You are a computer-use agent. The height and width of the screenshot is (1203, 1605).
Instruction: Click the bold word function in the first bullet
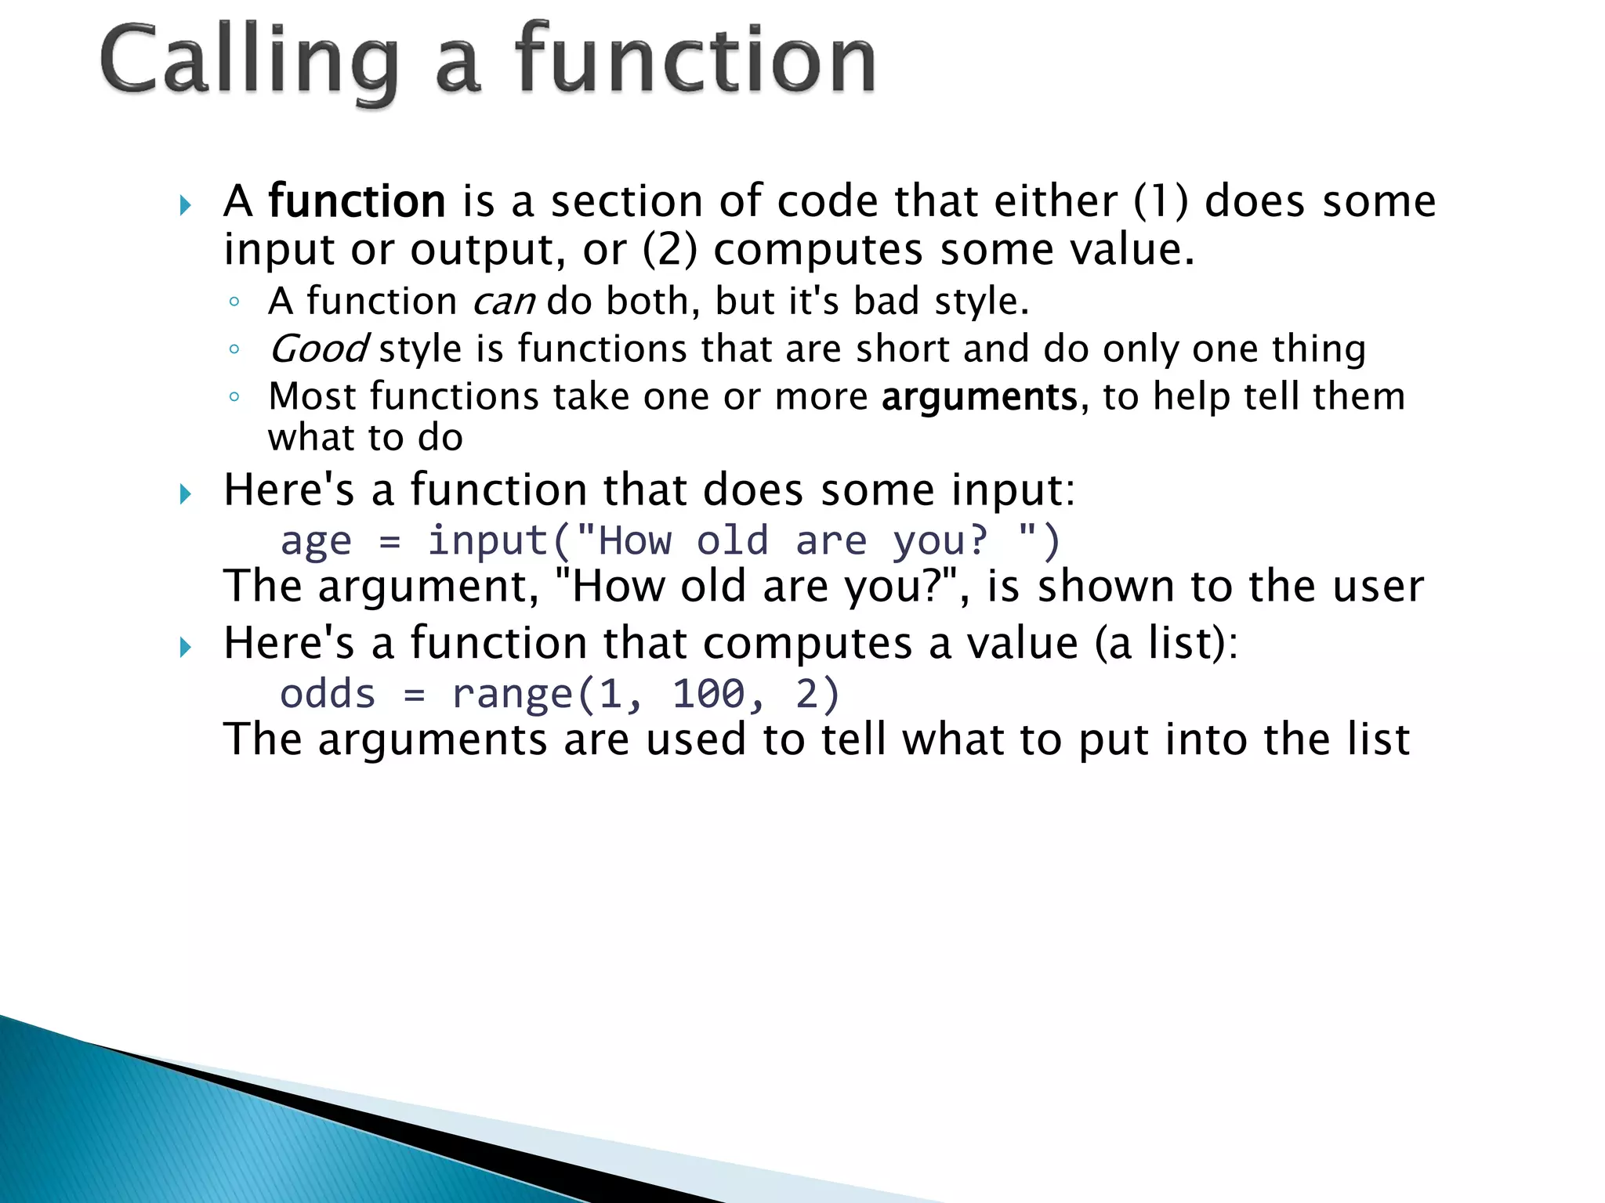(357, 201)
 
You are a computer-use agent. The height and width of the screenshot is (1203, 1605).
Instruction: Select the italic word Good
(317, 349)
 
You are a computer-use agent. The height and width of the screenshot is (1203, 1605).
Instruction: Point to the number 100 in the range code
(708, 694)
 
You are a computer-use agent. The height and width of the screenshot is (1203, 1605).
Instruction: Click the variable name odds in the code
(328, 694)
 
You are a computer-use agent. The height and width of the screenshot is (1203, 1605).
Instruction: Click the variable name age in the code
(316, 542)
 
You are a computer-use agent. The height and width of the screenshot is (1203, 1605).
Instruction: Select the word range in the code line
(512, 695)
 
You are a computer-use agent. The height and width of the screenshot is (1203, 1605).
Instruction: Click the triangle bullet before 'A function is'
(185, 206)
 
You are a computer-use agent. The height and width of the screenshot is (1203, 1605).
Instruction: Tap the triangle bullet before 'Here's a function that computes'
(185, 648)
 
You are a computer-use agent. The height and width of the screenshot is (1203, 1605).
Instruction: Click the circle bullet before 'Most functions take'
(234, 397)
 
